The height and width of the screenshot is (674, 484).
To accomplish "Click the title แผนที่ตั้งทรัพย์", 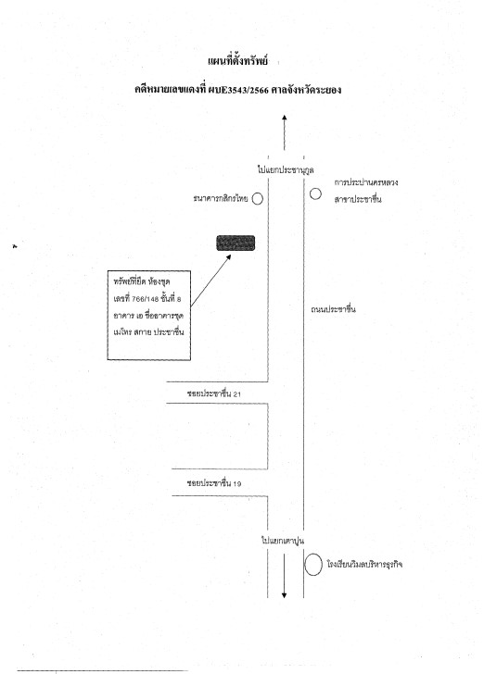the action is pos(237,61).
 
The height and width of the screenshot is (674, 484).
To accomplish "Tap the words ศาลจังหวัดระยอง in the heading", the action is pos(307,90).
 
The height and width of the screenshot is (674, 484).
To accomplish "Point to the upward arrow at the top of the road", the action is pos(285,132).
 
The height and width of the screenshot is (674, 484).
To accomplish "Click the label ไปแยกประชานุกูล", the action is pos(286,169).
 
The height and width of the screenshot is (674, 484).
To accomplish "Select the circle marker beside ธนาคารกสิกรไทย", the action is pos(258,198).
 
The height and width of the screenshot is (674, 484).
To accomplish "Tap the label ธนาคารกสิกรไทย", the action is pos(221,198).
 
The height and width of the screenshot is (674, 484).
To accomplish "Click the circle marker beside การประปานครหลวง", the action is pos(315,193).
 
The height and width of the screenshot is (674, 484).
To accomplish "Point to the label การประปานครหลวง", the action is pos(366,182).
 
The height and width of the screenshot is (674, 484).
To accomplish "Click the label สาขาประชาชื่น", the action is pos(358,199).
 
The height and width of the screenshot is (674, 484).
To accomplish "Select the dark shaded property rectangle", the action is pos(236,243).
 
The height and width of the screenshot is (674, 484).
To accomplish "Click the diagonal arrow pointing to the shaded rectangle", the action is pos(211,281).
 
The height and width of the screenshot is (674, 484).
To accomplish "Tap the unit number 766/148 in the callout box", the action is pos(146,299).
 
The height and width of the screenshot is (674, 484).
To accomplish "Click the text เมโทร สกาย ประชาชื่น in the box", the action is pos(148,331).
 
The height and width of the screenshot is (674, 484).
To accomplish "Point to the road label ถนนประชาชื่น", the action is pos(333,309).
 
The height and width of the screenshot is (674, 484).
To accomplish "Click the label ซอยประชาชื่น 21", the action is pos(214,393).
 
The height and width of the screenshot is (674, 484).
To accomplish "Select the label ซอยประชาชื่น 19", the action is pos(214,483).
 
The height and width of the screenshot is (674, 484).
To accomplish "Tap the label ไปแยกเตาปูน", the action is pos(283,541).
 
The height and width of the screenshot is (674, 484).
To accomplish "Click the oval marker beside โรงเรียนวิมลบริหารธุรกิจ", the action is pos(313,565).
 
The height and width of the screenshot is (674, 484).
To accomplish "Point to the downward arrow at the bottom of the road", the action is pos(285,576).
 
